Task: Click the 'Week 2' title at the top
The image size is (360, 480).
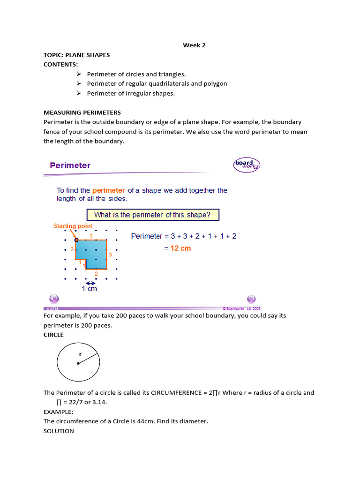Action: [194, 45]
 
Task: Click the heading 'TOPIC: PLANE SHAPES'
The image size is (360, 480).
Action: [76, 55]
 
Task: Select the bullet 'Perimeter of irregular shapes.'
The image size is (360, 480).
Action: [130, 93]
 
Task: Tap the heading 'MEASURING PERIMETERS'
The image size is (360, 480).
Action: [82, 112]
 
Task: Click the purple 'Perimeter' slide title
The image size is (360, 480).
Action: [70, 165]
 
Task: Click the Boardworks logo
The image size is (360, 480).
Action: [247, 165]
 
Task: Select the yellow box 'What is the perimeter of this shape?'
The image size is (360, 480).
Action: [152, 215]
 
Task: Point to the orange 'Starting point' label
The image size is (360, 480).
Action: [73, 226]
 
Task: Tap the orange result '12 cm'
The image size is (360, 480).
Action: [180, 248]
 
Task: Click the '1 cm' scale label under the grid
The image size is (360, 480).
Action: [89, 289]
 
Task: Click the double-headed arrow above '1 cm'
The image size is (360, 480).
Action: [90, 283]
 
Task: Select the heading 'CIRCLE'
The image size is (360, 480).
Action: [53, 335]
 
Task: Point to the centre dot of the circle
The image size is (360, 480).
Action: [78, 363]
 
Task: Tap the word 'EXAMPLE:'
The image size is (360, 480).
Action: [59, 412]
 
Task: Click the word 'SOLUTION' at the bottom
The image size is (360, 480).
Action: [59, 431]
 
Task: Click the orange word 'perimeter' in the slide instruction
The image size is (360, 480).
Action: [109, 190]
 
